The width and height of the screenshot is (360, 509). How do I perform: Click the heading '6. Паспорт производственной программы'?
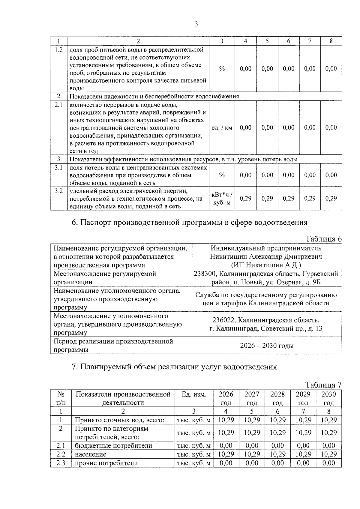190,222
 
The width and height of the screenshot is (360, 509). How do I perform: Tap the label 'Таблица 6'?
323,239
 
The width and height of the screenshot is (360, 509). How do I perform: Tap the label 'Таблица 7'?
323,385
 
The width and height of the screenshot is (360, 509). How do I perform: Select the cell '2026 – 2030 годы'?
267,346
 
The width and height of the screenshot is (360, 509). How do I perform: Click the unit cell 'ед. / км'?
222,127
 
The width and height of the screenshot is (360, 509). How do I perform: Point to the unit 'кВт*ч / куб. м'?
222,199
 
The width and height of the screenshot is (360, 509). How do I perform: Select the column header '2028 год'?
277,398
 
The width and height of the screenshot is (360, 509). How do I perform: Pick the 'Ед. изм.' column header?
194,394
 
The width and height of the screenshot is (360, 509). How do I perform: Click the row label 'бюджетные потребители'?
113,446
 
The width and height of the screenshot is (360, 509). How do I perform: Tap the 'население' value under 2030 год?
328,454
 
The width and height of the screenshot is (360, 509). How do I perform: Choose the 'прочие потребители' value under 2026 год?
226,463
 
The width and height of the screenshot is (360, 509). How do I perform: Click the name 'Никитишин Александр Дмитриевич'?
266,257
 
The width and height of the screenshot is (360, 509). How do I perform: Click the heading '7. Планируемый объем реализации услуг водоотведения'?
174,367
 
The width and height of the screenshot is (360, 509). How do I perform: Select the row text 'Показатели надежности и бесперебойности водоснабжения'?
154,96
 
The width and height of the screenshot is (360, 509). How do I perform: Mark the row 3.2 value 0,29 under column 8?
331,198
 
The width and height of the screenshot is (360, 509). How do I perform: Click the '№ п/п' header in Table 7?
61,398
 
